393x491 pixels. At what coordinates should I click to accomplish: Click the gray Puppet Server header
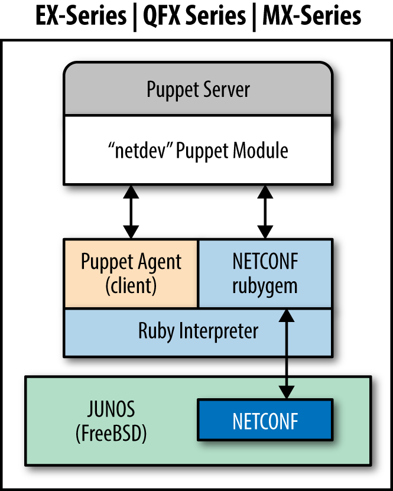(198, 90)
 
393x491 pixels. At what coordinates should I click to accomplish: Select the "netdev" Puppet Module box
(198, 150)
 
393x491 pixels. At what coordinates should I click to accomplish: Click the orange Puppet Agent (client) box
(131, 274)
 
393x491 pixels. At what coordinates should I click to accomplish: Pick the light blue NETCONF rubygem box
(265, 274)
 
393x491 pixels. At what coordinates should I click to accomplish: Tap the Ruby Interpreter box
(198, 331)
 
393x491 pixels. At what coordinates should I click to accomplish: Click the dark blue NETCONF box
(265, 421)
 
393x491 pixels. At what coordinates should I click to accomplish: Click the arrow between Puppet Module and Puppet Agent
(131, 212)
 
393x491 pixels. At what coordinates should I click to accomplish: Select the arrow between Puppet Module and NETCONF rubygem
(265, 212)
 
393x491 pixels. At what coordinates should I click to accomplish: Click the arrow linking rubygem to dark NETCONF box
(288, 355)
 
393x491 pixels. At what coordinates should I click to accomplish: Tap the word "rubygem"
(265, 286)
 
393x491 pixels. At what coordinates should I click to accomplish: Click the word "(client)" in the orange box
(131, 286)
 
